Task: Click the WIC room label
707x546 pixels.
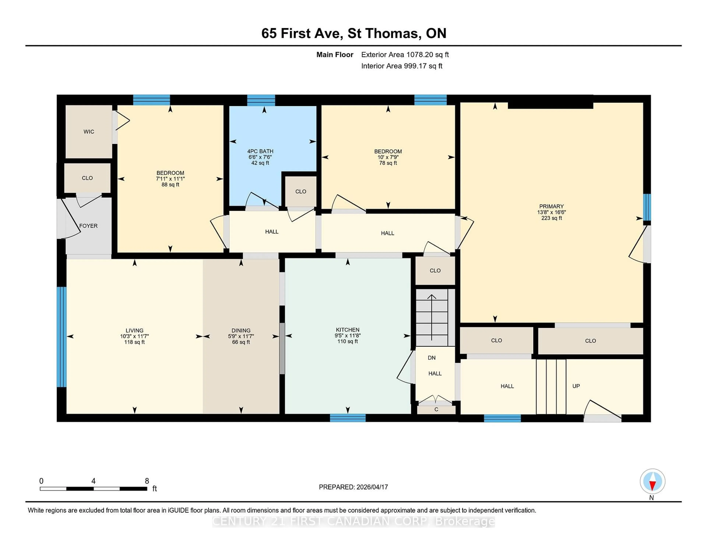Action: (x=89, y=132)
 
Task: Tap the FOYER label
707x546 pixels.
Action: (x=88, y=226)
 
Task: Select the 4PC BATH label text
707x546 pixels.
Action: (x=260, y=151)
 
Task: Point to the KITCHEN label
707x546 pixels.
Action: (x=347, y=330)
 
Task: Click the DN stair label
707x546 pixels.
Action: (x=432, y=358)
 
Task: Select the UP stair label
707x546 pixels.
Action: (x=576, y=386)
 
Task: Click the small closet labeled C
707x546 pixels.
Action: (x=436, y=409)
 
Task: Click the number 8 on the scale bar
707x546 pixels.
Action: (x=147, y=481)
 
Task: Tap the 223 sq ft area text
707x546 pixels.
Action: (x=551, y=218)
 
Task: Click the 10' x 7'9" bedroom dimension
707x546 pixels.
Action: (x=388, y=157)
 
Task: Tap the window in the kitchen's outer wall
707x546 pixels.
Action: (x=348, y=418)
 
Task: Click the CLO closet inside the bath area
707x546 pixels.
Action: (x=300, y=192)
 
